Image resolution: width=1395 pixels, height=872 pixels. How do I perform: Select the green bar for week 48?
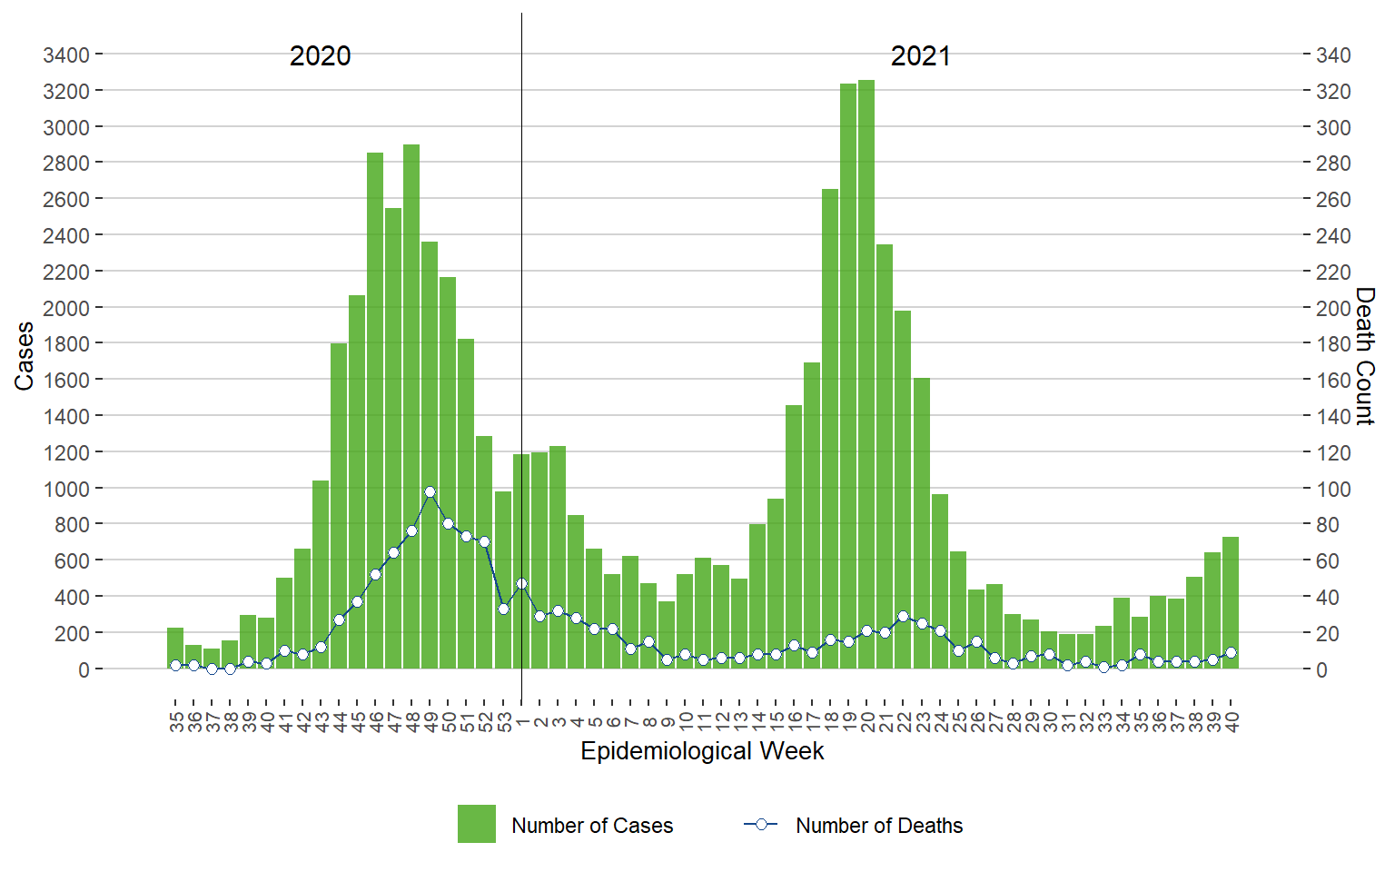tap(411, 409)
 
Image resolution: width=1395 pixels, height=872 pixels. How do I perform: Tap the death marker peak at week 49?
tap(430, 492)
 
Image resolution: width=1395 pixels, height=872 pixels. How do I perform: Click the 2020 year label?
tap(320, 56)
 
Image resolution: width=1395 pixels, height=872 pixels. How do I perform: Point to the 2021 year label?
tap(920, 56)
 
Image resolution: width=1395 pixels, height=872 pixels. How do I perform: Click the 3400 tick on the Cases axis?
tap(66, 55)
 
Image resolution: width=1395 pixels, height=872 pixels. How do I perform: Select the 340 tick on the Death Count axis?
tap(1333, 55)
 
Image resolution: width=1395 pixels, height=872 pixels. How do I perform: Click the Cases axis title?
tap(25, 356)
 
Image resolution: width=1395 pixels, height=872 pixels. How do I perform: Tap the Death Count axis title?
tap(1365, 356)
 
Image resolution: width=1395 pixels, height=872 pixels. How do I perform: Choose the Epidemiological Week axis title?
tap(702, 751)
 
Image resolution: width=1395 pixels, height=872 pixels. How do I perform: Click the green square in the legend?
tap(477, 824)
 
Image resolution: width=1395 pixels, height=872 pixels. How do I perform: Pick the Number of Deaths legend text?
tap(878, 826)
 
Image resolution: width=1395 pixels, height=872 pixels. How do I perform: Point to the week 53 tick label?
tap(504, 722)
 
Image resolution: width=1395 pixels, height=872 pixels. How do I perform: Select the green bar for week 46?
tap(375, 409)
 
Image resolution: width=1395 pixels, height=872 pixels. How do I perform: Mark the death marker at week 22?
tap(903, 617)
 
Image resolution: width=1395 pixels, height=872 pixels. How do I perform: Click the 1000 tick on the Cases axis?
tap(66, 489)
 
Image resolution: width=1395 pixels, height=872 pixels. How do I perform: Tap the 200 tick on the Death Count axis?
tap(1333, 308)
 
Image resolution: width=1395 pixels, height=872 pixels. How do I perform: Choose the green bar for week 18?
tap(830, 427)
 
